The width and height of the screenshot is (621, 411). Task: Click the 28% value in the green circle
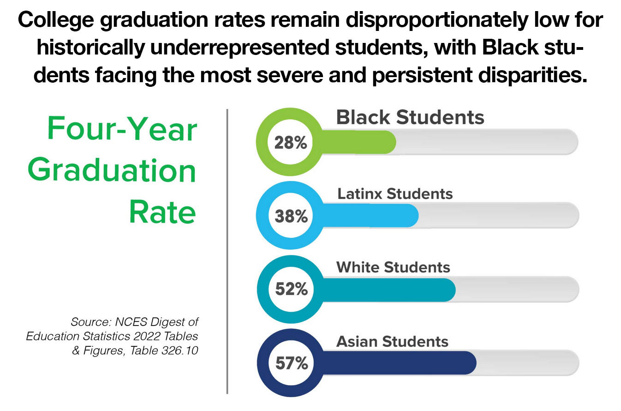(x=291, y=143)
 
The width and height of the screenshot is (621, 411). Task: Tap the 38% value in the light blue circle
(x=291, y=216)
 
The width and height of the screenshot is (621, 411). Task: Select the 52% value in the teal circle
(x=291, y=290)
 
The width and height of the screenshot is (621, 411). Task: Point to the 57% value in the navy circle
(x=291, y=363)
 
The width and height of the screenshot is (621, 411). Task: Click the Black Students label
(x=410, y=117)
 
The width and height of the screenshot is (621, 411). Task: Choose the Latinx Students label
(x=395, y=193)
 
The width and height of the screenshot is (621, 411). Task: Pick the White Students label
(x=393, y=267)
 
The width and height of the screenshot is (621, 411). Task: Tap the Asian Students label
(x=392, y=341)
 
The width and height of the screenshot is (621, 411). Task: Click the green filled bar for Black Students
(x=360, y=142)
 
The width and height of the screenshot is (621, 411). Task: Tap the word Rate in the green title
(x=162, y=212)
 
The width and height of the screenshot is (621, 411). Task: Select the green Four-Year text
(x=122, y=129)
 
